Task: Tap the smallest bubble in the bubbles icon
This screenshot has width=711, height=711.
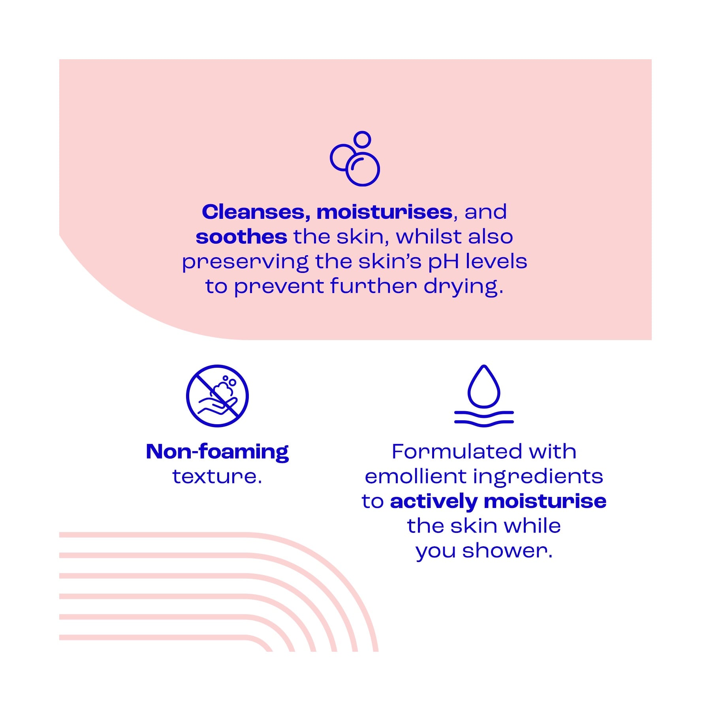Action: [x=362, y=139]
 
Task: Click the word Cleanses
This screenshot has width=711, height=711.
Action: [x=253, y=212]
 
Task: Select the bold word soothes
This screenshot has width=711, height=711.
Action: [x=241, y=237]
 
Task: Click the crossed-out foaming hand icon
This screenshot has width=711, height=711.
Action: [x=217, y=395]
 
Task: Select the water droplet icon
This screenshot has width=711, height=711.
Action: [x=484, y=386]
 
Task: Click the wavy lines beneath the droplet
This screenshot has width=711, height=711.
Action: [x=484, y=418]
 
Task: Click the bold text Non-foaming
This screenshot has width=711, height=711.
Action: [x=217, y=452]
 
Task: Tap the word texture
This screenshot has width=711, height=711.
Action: [x=217, y=476]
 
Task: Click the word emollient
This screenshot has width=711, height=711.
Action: [x=415, y=476]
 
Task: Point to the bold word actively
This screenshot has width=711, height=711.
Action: [x=434, y=502]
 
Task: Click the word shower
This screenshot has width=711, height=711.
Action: [x=507, y=551]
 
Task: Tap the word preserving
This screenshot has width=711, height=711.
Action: [x=245, y=262]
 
